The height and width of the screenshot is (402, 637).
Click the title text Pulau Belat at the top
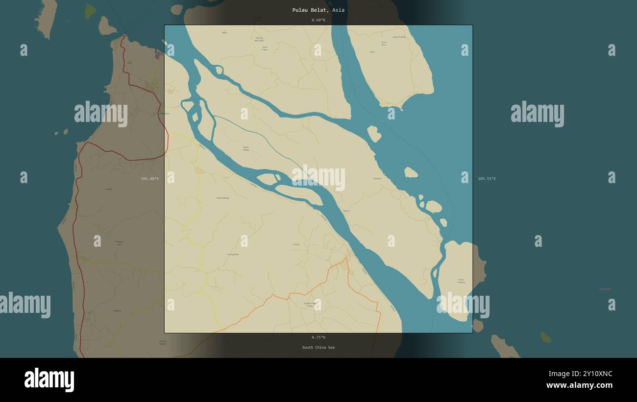click(x=311, y=10)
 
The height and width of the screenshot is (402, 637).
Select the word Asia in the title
click(x=338, y=10)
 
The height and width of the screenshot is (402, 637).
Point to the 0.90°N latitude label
click(x=318, y=20)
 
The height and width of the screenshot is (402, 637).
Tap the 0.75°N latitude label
click(x=318, y=337)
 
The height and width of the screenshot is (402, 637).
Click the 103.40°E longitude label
click(x=149, y=179)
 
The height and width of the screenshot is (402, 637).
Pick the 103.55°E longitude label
click(x=487, y=179)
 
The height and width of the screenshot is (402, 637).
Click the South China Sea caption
click(x=318, y=348)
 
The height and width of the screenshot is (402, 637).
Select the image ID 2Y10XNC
click(x=593, y=374)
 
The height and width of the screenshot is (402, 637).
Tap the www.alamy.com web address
click(x=579, y=385)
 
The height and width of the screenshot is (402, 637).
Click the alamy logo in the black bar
click(x=49, y=380)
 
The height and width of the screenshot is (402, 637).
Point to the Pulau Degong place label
click(x=461, y=281)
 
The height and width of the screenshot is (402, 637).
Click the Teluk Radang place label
click(x=222, y=198)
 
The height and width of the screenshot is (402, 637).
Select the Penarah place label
click(x=377, y=178)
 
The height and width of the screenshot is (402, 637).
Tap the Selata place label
click(x=346, y=211)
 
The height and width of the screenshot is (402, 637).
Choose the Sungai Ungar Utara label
click(x=310, y=304)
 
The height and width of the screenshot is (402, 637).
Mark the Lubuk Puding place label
click(x=399, y=37)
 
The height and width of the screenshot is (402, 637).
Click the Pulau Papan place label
click(x=265, y=48)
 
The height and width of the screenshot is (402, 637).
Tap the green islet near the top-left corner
click(x=90, y=11)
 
